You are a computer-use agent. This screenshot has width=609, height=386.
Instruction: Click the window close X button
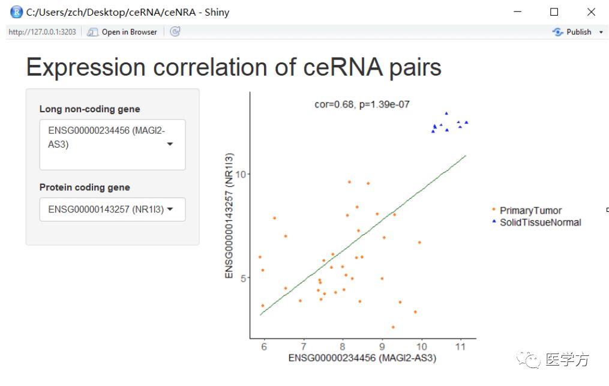591,12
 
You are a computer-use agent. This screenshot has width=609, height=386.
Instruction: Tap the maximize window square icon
554,12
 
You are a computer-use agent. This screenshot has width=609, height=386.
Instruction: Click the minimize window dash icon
517,11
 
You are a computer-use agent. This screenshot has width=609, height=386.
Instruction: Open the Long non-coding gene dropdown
112,145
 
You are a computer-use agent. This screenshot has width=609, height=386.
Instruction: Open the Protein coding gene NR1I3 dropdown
112,210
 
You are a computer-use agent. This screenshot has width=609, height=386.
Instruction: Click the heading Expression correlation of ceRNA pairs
234,67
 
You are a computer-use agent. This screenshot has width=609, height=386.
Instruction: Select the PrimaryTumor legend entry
527,210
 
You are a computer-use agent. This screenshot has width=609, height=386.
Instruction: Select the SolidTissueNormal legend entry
536,222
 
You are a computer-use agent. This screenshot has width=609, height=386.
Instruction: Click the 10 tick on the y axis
241,174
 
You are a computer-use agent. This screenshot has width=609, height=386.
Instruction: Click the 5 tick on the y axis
244,279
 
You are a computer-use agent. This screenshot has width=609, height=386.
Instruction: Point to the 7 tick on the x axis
304,346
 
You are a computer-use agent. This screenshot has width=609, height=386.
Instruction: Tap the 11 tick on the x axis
460,346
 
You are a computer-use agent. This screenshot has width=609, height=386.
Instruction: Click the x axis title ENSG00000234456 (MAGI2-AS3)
362,358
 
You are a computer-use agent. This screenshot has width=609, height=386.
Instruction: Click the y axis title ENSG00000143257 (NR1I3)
229,216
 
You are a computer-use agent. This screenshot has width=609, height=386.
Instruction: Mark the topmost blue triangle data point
446,113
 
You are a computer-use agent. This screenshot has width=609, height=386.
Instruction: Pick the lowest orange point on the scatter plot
393,327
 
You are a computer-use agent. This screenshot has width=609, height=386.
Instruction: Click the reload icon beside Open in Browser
175,31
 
